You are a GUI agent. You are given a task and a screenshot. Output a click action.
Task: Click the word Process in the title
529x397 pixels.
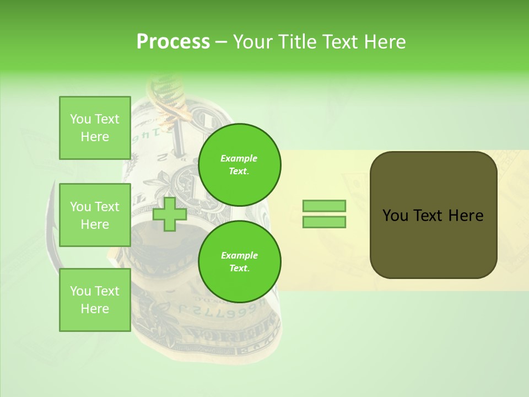point(173,42)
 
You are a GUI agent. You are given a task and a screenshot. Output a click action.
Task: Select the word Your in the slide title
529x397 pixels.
point(254,42)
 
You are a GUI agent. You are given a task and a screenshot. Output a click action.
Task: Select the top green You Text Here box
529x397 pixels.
point(95,128)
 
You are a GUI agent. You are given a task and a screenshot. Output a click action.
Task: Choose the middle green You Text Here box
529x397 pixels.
point(95,215)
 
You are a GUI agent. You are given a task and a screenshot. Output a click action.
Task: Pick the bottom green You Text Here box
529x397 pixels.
point(95,300)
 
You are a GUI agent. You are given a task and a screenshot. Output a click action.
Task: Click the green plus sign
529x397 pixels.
point(170,214)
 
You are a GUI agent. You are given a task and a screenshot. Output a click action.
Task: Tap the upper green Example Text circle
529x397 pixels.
point(240,164)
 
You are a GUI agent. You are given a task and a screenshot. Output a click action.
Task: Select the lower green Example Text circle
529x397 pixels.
point(240,261)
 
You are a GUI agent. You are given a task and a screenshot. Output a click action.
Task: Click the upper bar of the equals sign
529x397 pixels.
point(324,206)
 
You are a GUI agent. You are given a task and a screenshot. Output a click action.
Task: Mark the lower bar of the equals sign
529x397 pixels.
point(324,222)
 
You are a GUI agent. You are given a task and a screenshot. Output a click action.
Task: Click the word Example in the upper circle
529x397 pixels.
point(239,158)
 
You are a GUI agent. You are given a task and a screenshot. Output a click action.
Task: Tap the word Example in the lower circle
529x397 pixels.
point(239,255)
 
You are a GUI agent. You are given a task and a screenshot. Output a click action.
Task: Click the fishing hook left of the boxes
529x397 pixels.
point(52,232)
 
